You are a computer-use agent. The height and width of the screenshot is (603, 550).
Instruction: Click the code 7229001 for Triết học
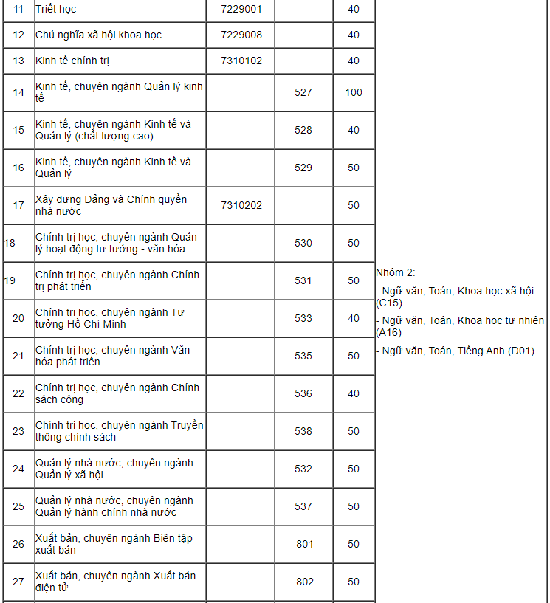tap(241, 10)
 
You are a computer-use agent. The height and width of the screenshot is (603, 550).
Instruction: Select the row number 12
tap(19, 35)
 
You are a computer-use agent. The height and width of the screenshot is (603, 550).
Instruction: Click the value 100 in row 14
tap(354, 92)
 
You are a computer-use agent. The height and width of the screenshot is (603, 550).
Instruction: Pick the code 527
tap(303, 92)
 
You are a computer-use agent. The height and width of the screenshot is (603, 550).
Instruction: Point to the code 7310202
tap(241, 205)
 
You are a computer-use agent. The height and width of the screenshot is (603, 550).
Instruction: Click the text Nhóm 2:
tap(396, 272)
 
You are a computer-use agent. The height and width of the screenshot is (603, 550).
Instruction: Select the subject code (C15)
tap(389, 303)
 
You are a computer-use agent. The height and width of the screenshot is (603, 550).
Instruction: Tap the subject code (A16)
tap(389, 332)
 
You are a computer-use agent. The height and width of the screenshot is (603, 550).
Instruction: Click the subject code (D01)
tap(520, 351)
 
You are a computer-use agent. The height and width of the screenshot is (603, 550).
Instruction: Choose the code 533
tap(303, 318)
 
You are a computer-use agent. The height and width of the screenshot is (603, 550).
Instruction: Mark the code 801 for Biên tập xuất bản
tap(305, 544)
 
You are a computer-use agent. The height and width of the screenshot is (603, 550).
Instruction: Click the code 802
tap(305, 582)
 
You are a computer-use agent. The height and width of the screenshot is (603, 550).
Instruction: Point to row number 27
tap(19, 582)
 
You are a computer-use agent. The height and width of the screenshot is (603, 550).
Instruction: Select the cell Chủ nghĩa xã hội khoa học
tap(98, 35)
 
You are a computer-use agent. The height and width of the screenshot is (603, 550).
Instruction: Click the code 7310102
tap(241, 61)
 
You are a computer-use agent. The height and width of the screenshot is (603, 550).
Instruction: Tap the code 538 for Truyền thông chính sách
tap(303, 431)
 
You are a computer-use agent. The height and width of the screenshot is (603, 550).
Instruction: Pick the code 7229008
tap(241, 35)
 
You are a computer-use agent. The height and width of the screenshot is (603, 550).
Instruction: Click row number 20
tap(19, 318)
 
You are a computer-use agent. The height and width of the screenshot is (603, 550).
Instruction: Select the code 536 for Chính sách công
tap(303, 393)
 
